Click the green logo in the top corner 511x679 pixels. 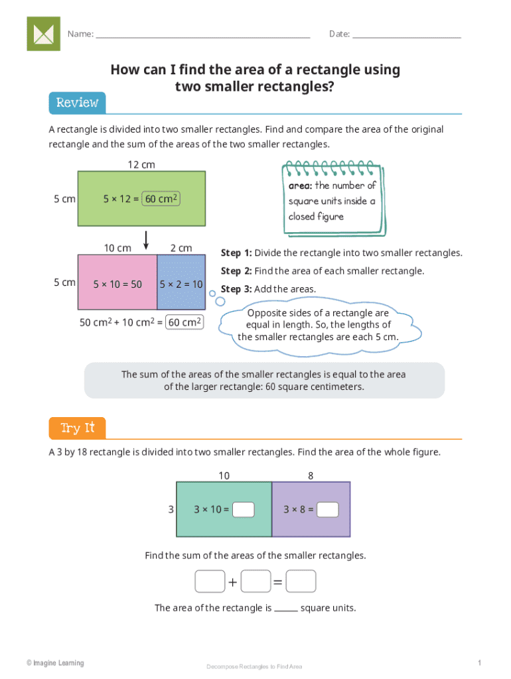point(43,34)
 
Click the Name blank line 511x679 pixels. point(202,35)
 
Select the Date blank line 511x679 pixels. point(406,35)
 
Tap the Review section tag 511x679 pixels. point(77,103)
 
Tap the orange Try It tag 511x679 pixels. point(77,428)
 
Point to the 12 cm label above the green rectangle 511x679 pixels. point(141,164)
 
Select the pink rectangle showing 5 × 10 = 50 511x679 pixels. point(117,284)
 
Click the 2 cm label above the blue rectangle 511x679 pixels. point(181,248)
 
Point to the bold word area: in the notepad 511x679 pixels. point(300,186)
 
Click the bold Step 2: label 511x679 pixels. point(236,271)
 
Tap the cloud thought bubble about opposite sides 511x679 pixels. point(318,325)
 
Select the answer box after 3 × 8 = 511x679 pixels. point(328,509)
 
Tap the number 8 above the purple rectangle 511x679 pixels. point(311,475)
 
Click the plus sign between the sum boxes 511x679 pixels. point(233,582)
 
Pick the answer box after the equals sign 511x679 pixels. point(301,582)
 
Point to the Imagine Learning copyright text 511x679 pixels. point(55,663)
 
